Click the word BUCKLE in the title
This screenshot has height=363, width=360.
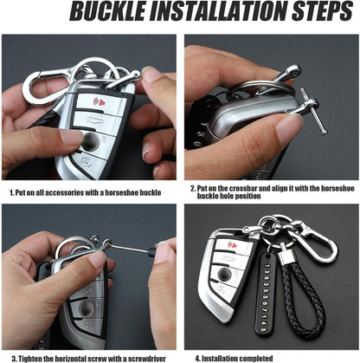(108, 11)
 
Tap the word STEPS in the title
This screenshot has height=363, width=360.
(323, 11)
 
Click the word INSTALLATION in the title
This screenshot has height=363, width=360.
(218, 11)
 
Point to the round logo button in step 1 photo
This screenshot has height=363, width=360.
(90, 142)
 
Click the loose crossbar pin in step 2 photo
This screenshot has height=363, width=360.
(313, 112)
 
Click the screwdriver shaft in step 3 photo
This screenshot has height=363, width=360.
(128, 248)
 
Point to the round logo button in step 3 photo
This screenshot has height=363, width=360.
(87, 308)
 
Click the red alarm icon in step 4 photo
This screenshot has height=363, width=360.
(233, 245)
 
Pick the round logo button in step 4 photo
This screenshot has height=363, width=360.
(225, 273)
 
